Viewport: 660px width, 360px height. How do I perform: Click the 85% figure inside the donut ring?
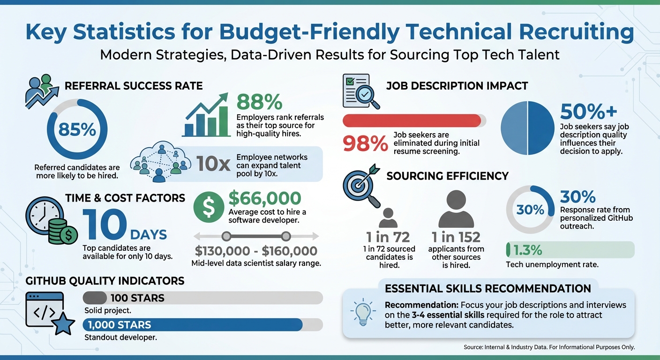(78, 129)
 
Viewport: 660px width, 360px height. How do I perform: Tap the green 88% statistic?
(259, 102)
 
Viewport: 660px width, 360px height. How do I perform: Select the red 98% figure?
(365, 143)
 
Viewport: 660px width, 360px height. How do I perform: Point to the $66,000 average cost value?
(265, 198)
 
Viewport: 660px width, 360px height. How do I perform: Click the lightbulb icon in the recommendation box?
(363, 313)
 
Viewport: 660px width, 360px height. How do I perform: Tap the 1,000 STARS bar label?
(119, 325)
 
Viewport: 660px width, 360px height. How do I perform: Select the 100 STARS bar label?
(137, 298)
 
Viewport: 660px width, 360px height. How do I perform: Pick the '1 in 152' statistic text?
(456, 237)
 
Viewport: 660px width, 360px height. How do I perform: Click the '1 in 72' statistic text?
(388, 237)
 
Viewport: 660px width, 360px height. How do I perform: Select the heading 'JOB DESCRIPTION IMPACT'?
(457, 86)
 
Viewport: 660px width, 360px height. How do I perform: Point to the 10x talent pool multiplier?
(213, 164)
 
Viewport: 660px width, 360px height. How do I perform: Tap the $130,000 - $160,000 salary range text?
(256, 251)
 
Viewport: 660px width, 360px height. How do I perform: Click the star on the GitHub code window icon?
(63, 324)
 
